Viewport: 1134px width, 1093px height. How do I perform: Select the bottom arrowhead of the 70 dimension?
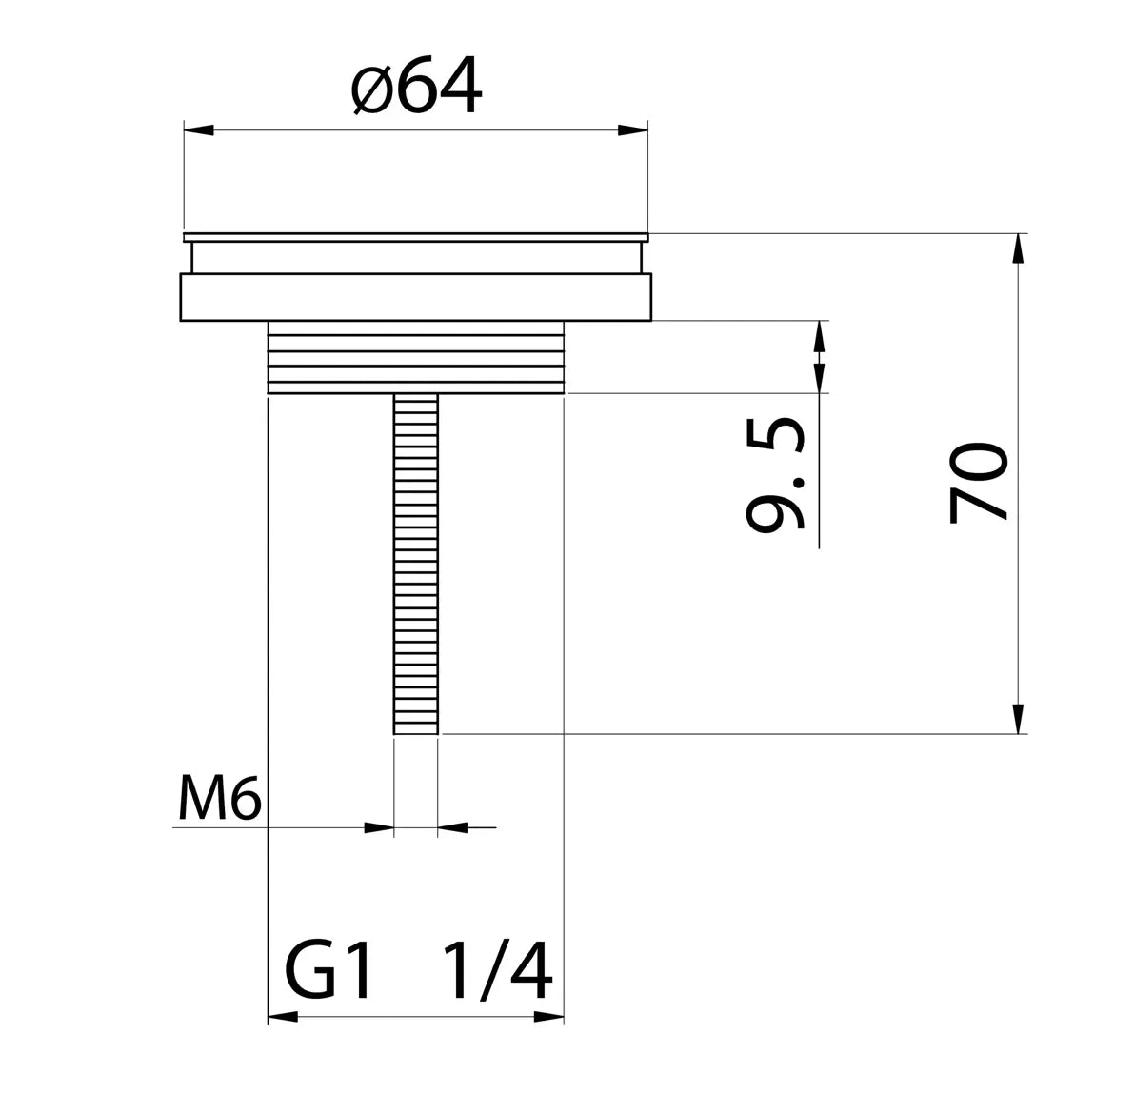tap(1019, 719)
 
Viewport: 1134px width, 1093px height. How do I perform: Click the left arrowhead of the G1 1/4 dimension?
tap(283, 1017)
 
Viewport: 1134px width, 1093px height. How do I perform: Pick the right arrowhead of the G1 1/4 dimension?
tap(549, 1017)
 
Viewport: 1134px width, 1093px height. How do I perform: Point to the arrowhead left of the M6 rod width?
tap(380, 828)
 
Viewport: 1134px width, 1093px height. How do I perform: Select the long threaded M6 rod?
tap(416, 562)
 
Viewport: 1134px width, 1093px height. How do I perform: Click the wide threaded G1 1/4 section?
tap(416, 357)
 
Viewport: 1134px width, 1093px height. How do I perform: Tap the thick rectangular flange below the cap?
tap(416, 297)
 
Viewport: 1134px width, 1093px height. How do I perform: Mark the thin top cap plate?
tap(416, 235)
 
